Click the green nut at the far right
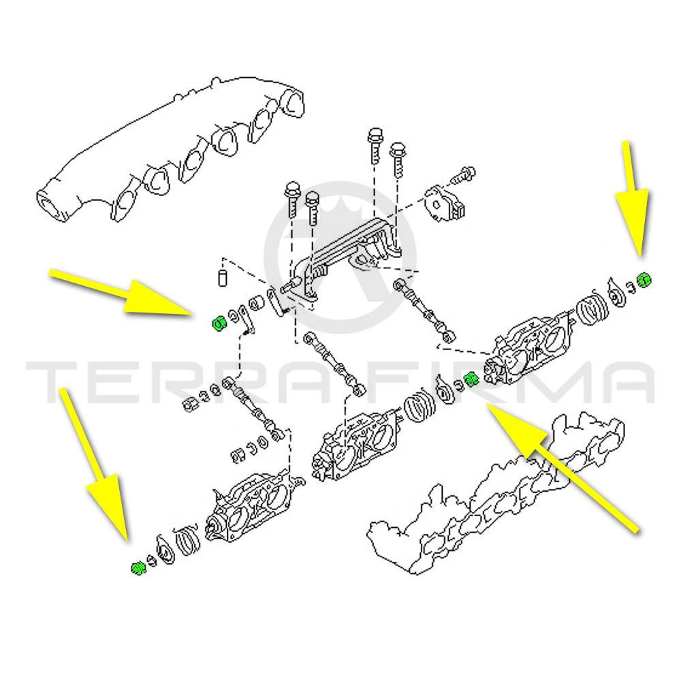[x=644, y=279]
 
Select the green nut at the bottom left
[x=138, y=568]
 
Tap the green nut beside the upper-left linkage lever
[x=219, y=323]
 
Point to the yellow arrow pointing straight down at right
[x=632, y=199]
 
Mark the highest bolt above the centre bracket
[x=375, y=146]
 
